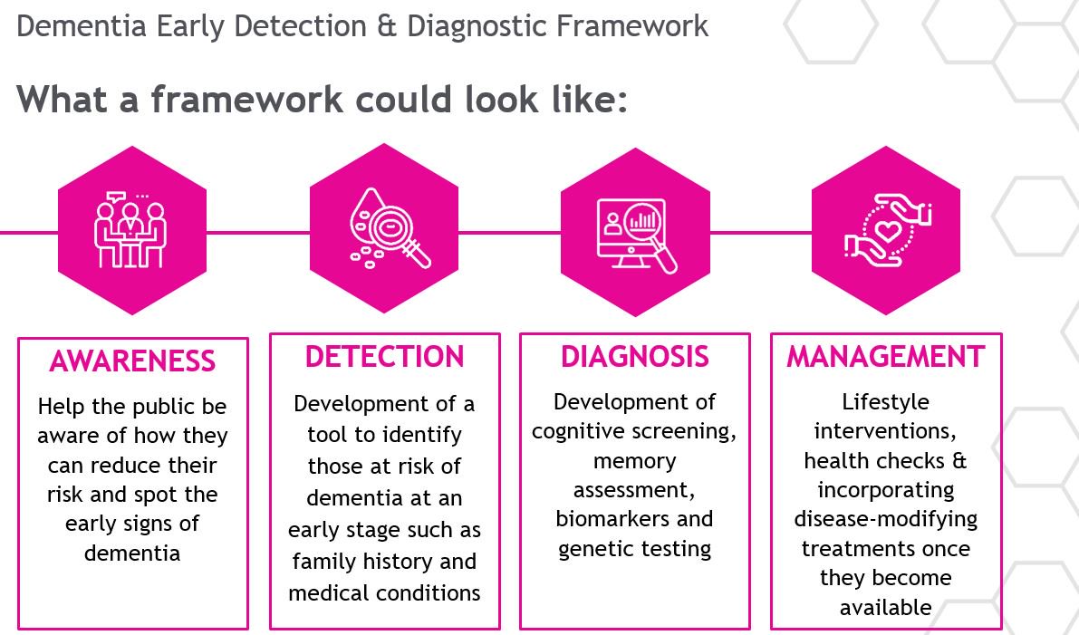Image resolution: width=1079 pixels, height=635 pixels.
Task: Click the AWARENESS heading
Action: coord(132,361)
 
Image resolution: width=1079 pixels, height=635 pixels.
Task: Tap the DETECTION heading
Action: coord(384,357)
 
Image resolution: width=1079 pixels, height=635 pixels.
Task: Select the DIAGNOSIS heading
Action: coord(634,357)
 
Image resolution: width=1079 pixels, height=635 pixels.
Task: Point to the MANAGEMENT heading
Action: coord(885,357)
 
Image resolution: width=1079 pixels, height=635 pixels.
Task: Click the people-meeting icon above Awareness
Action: coord(131,230)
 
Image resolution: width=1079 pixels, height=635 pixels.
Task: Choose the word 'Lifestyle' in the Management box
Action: coord(885,401)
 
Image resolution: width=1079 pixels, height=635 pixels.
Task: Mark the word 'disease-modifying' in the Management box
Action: coord(885,519)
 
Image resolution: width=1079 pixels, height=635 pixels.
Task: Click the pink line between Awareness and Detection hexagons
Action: coord(257,232)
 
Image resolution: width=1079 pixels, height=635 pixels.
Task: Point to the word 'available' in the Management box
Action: coord(885,608)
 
